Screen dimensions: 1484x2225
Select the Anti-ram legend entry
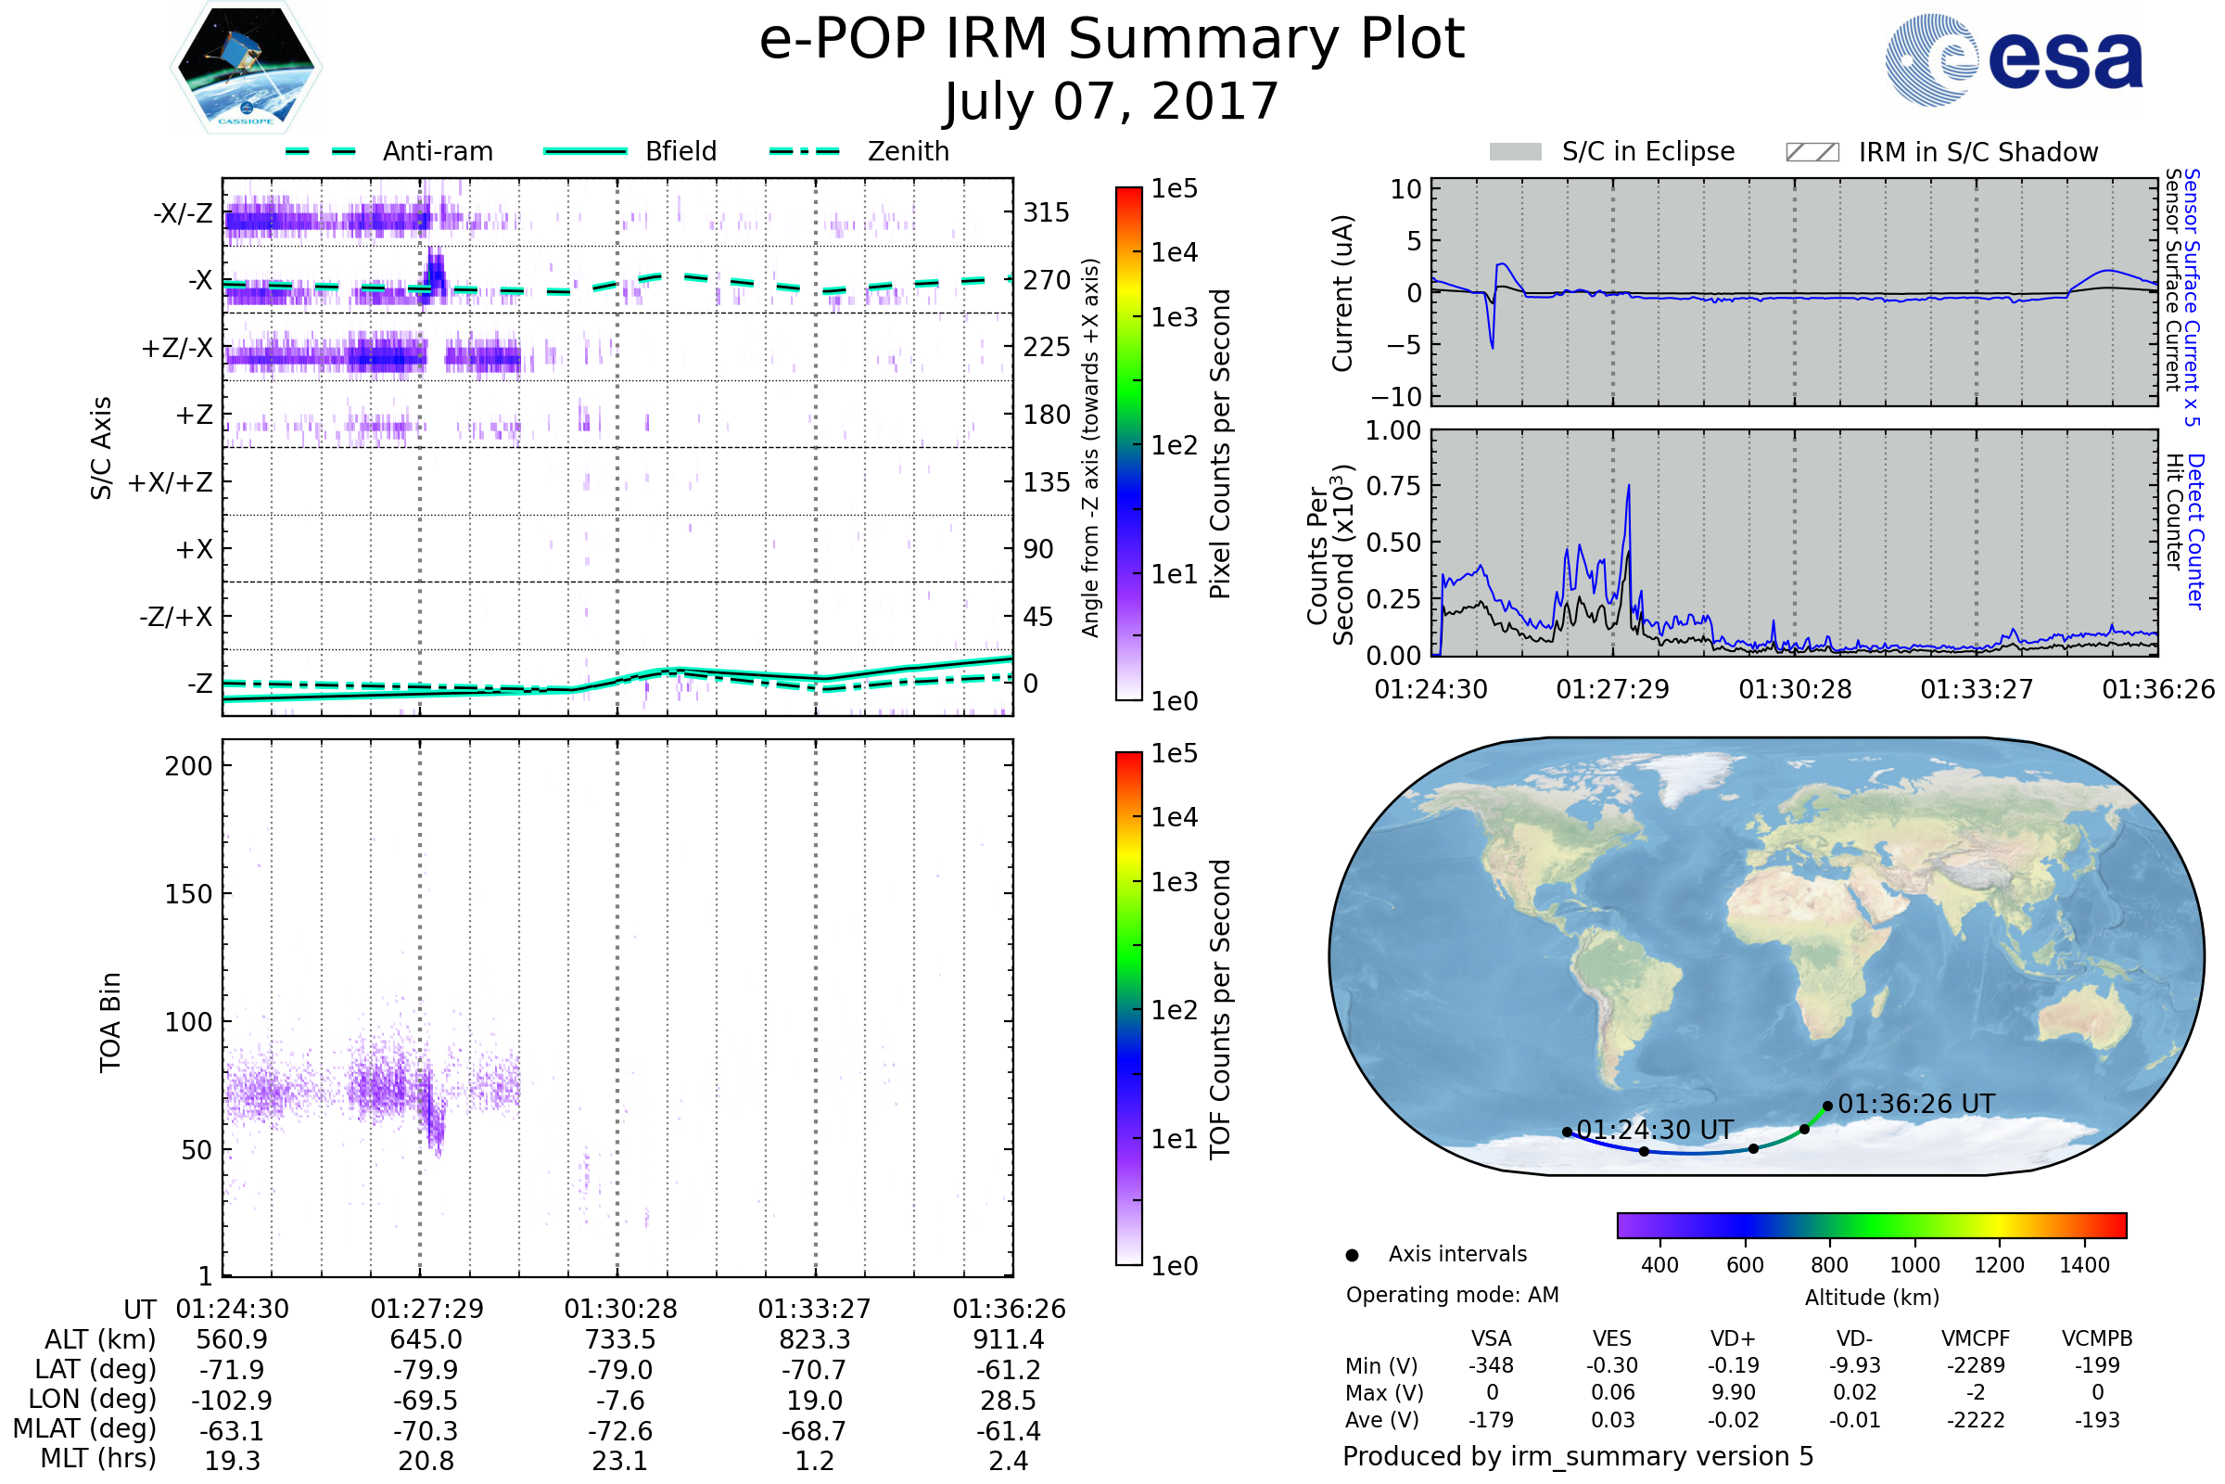388,151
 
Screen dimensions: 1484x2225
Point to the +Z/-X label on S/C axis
177,349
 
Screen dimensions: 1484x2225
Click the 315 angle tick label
1046,213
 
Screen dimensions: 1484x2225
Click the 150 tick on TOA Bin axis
188,894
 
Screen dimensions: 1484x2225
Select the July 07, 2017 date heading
1112,101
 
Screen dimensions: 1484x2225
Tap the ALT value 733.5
619,1340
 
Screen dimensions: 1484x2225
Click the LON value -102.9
232,1401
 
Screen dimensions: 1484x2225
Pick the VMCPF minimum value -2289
1976,1365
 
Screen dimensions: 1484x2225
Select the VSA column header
1491,1339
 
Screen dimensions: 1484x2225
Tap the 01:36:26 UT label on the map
1915,1105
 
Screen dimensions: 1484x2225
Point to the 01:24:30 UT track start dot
1568,1132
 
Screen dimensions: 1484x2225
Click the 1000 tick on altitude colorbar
1914,1265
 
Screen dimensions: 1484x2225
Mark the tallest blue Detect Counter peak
1628,486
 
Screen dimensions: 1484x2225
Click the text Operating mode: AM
1452,1295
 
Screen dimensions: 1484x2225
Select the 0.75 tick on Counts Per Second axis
1393,486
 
